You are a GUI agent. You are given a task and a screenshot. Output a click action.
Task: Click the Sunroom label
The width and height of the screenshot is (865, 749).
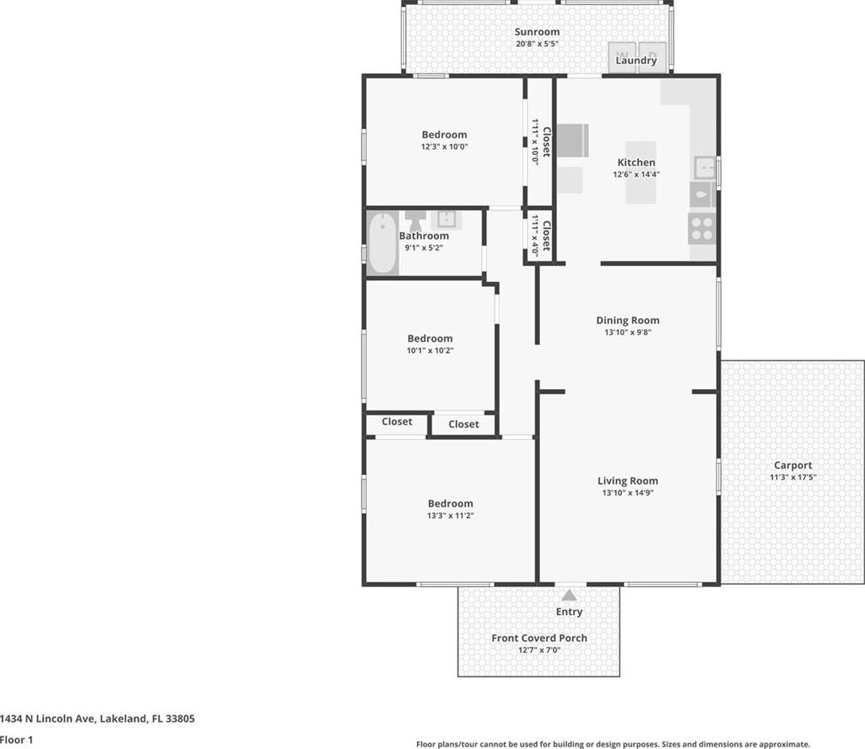click(x=537, y=32)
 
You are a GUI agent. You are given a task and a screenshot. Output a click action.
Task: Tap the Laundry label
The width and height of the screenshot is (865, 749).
click(x=636, y=60)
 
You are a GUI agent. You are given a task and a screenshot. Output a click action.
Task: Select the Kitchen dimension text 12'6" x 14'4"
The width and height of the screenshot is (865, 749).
click(x=636, y=174)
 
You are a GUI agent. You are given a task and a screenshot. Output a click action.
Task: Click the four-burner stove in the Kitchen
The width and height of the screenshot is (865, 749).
click(x=702, y=229)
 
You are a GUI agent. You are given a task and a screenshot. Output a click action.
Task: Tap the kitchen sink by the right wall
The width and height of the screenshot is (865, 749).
click(x=705, y=168)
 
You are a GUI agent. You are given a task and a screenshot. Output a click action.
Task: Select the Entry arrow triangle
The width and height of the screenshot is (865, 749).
click(x=570, y=595)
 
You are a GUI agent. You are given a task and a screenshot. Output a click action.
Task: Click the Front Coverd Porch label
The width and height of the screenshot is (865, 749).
click(x=539, y=638)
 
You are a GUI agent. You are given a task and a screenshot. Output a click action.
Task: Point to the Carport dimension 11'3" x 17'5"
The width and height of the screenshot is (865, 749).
click(x=793, y=477)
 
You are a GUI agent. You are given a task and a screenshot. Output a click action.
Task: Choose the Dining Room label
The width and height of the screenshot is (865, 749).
click(x=628, y=320)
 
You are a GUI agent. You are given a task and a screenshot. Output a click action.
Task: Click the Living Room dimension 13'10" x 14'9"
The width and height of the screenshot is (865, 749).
click(x=628, y=492)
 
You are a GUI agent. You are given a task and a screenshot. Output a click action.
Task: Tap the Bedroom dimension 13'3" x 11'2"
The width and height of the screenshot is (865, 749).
click(x=450, y=515)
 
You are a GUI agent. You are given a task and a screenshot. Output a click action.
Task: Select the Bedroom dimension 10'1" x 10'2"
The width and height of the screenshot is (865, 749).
click(x=430, y=350)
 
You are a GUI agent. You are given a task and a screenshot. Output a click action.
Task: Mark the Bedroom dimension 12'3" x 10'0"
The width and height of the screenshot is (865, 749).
click(x=444, y=147)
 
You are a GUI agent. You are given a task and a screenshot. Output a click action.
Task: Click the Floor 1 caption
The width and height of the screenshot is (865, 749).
click(x=17, y=739)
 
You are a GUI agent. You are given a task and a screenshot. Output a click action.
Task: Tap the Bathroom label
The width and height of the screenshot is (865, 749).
click(x=423, y=236)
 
